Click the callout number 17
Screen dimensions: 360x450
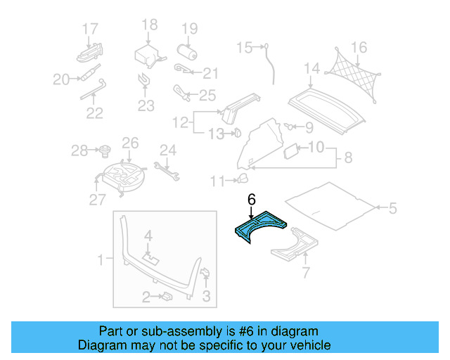pos(90,29)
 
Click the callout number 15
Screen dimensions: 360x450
pos(243,48)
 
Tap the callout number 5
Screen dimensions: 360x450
pos(393,208)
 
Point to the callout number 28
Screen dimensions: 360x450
pos(79,150)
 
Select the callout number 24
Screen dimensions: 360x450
pos(167,149)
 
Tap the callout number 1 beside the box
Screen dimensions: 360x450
pos(100,259)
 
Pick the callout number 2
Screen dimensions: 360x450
pos(146,297)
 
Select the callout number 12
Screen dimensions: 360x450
pos(180,123)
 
